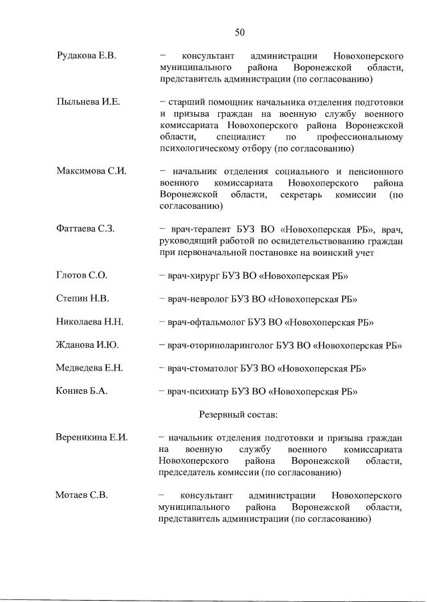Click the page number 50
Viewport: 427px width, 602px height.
pos(240,31)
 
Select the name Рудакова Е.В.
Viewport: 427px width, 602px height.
pos(87,55)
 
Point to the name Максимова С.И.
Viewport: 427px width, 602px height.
pos(91,172)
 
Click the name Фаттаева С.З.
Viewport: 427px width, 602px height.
pos(85,229)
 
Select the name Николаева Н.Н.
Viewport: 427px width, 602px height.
pos(90,322)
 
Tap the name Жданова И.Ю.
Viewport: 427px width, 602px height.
pos(87,345)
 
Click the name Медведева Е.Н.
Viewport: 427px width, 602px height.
pos(90,368)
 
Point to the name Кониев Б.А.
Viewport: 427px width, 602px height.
pos(81,391)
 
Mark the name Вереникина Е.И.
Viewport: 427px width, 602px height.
pos(91,438)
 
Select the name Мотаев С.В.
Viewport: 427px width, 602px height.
pos(82,495)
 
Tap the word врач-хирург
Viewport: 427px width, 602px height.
pos(193,276)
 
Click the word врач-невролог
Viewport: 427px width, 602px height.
pos(197,298)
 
